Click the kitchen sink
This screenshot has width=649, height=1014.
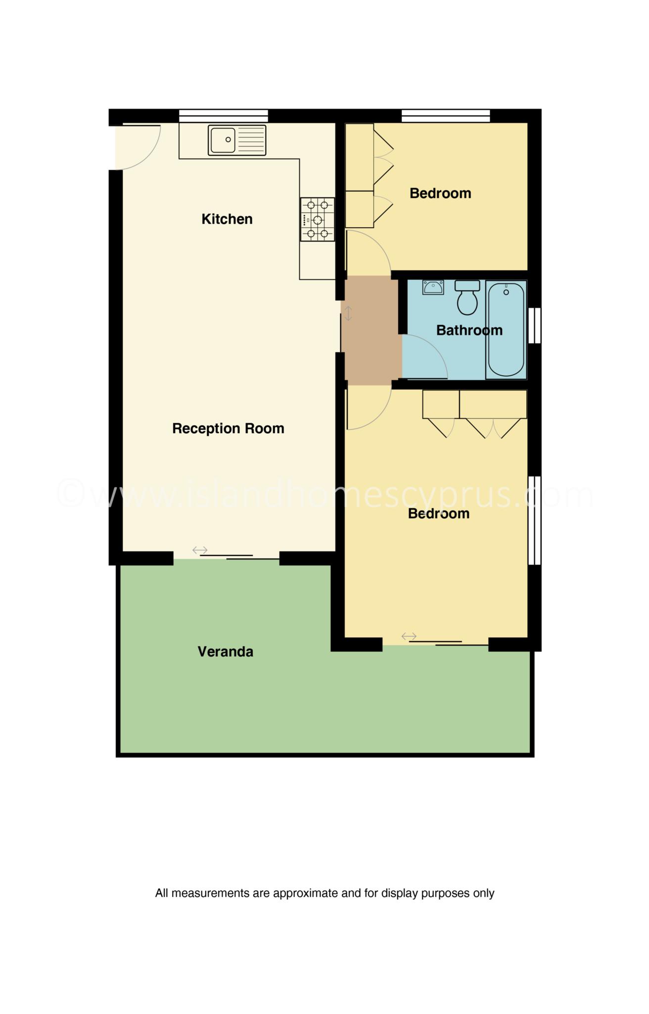(x=237, y=140)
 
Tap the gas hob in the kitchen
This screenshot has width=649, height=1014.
(x=317, y=219)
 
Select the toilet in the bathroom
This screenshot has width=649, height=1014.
(x=467, y=298)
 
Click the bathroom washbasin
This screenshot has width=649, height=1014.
(x=433, y=287)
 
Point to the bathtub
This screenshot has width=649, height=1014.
(x=506, y=330)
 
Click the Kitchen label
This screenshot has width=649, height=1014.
(x=227, y=219)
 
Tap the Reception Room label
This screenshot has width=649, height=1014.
(x=228, y=428)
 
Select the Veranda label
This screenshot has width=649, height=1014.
(x=226, y=652)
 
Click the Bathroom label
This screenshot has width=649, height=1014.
(x=469, y=330)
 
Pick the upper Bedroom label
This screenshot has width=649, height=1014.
(x=440, y=193)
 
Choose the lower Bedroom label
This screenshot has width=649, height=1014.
(x=439, y=513)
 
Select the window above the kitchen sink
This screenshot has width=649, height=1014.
(x=224, y=116)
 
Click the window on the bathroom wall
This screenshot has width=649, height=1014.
(x=535, y=325)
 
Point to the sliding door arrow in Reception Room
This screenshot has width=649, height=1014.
(x=200, y=550)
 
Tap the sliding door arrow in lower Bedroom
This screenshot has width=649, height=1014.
(x=409, y=636)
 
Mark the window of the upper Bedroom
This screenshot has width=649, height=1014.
(x=446, y=116)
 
